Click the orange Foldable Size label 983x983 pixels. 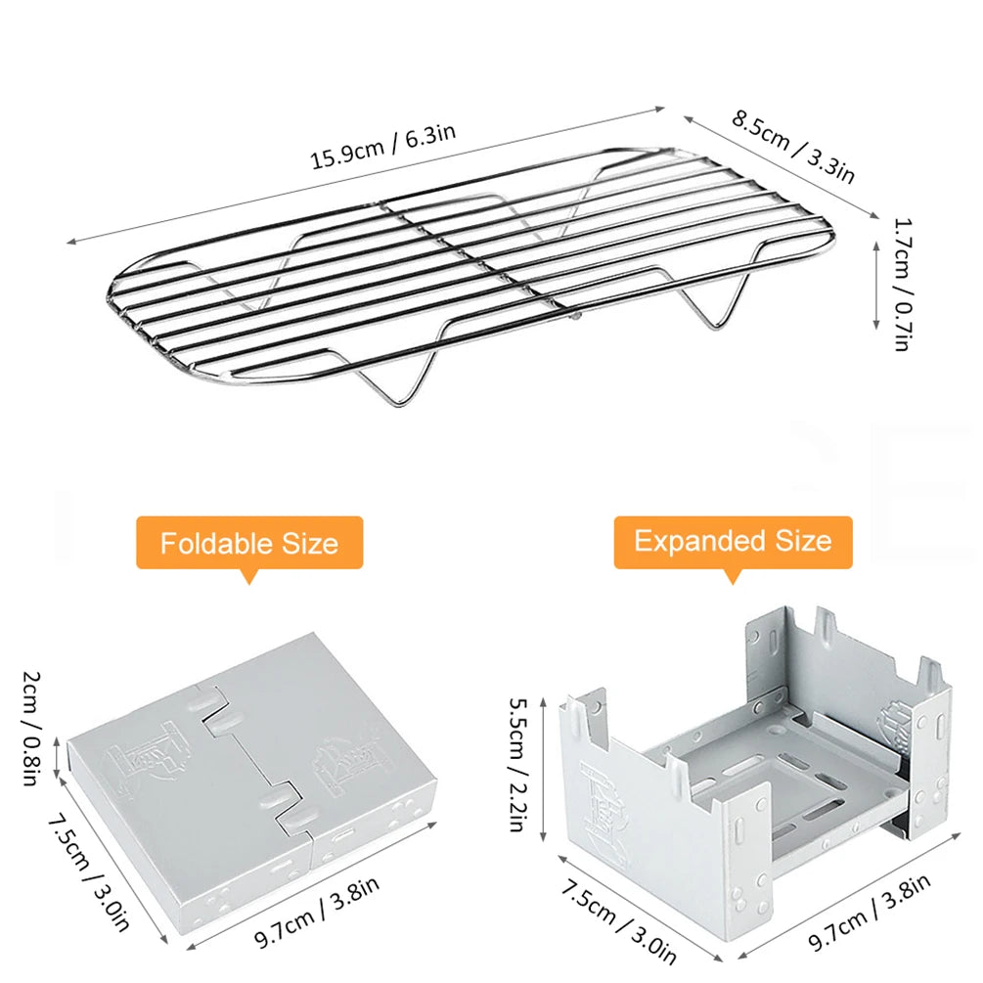249,542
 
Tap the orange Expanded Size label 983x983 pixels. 733,542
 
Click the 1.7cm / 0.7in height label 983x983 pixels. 903,284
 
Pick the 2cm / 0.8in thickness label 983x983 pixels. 31,729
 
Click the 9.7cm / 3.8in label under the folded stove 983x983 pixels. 317,911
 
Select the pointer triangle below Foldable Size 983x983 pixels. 249,577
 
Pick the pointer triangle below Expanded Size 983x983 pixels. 733,577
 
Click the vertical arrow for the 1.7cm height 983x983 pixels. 876,286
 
